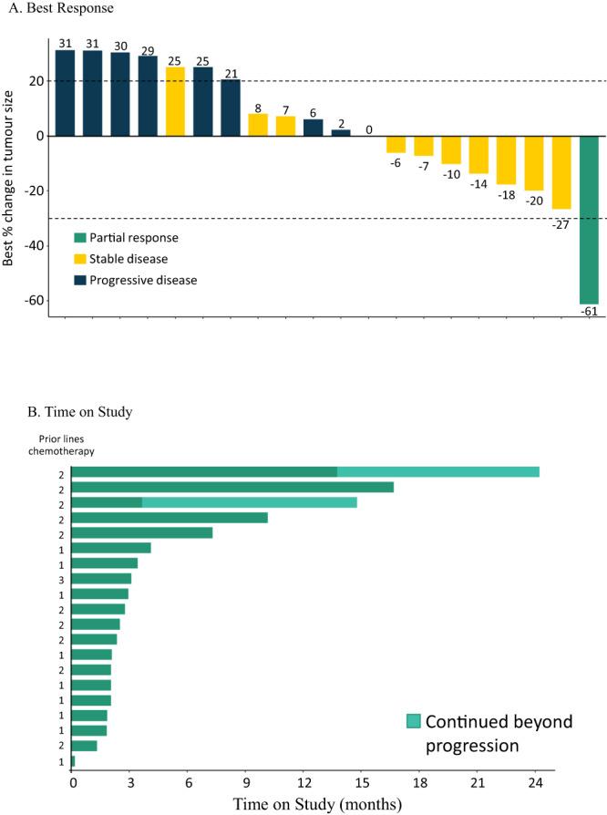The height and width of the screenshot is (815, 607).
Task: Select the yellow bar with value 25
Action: point(176,101)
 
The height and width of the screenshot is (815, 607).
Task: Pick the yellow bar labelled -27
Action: point(561,172)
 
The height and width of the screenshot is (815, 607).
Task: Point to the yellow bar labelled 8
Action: point(259,125)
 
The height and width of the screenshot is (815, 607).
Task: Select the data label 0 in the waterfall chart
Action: point(369,129)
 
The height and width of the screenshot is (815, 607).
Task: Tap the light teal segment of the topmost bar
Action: point(437,471)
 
